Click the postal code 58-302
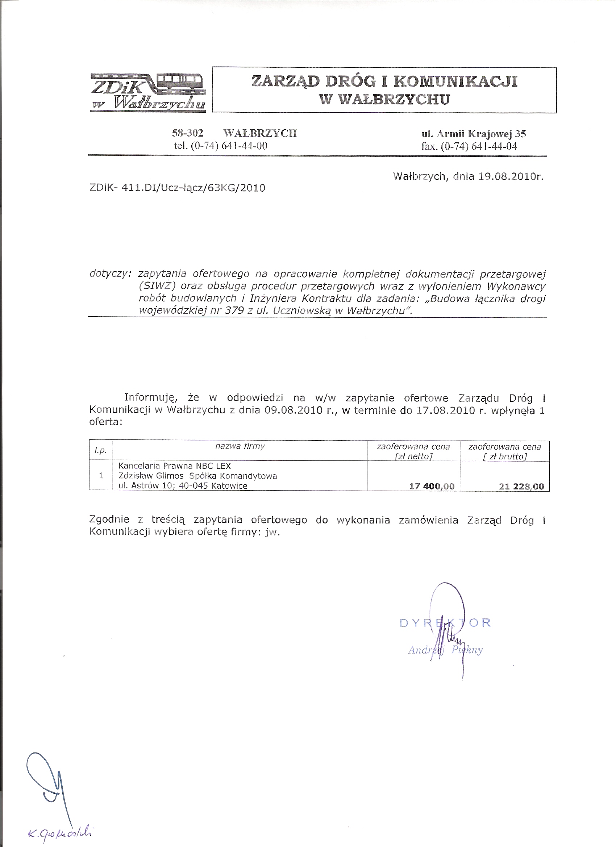[x=188, y=133]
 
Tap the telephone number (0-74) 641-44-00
[x=229, y=146]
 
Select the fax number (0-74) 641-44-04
[x=479, y=146]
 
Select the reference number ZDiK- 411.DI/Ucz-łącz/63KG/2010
[x=178, y=188]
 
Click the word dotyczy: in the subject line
[x=110, y=274]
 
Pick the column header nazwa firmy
[x=240, y=446]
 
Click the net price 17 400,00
[x=432, y=486]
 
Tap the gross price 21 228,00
[x=521, y=486]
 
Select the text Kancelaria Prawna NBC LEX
[x=174, y=466]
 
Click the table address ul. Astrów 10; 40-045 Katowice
[x=183, y=486]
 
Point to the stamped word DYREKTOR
[x=445, y=623]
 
